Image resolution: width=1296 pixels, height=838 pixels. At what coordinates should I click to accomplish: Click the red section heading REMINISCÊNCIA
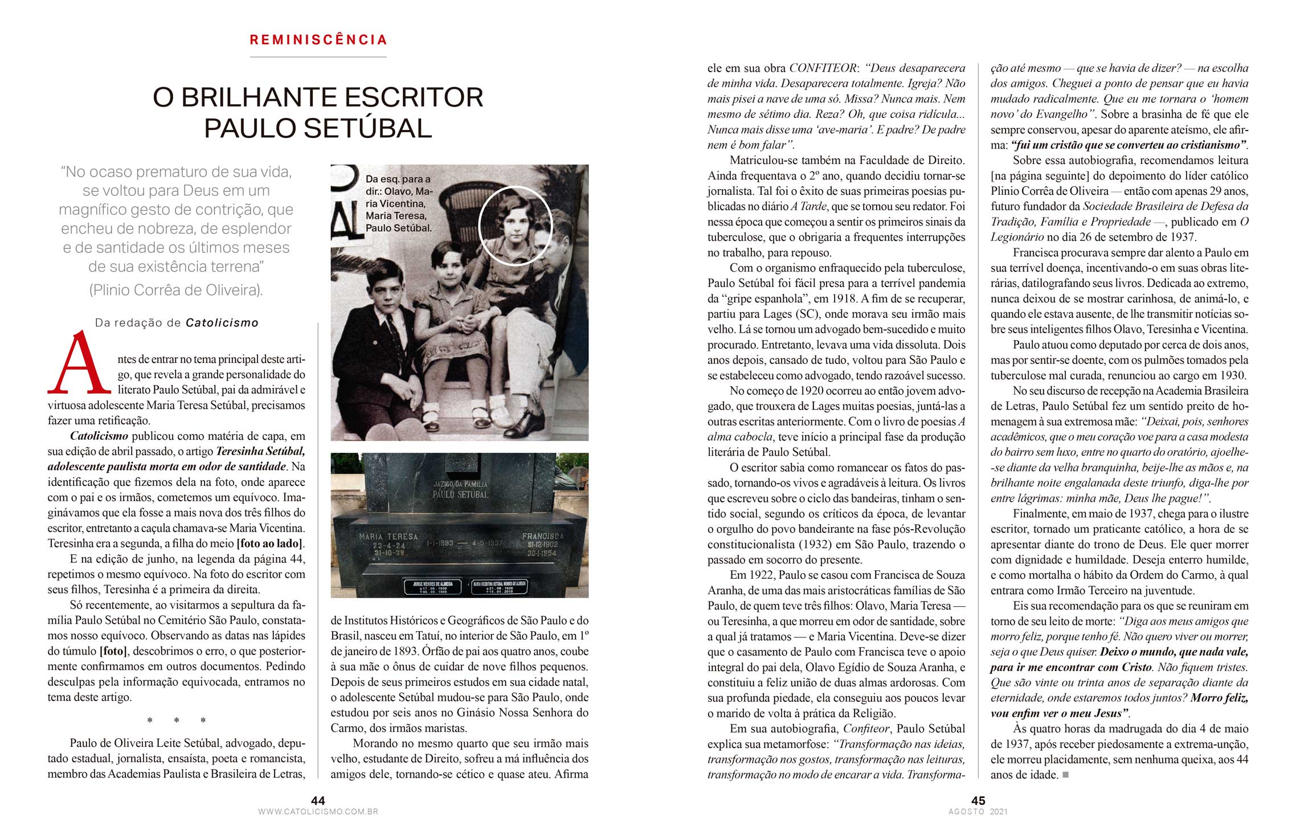[x=318, y=40]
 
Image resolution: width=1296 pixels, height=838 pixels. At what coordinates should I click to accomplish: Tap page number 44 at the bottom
[x=318, y=800]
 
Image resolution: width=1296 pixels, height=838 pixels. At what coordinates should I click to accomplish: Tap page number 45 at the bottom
[x=978, y=800]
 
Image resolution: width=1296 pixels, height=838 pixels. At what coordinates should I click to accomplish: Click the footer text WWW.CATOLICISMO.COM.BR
[x=318, y=812]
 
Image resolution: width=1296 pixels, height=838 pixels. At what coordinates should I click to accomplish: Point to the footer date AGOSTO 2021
[x=978, y=812]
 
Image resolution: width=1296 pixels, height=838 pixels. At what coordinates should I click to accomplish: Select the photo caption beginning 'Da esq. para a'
[x=399, y=203]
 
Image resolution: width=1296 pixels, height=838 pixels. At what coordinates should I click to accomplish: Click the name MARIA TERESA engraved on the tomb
[x=388, y=537]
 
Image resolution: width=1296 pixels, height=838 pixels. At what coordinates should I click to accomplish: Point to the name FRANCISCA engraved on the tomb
[x=542, y=536]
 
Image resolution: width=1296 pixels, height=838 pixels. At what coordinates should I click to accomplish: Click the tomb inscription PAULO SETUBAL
[x=460, y=494]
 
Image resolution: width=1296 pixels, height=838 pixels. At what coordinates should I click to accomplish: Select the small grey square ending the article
[x=1066, y=775]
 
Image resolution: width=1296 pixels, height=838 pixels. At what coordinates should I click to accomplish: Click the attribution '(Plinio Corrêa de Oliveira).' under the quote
[x=176, y=290]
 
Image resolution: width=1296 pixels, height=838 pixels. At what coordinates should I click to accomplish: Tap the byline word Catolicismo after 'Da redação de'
[x=222, y=323]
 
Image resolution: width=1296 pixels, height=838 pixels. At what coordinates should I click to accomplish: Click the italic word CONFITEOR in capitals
[x=823, y=68]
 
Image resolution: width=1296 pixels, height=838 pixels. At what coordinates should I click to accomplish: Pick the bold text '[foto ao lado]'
[x=270, y=543]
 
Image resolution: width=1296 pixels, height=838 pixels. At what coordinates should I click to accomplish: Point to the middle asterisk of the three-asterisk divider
[x=177, y=721]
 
